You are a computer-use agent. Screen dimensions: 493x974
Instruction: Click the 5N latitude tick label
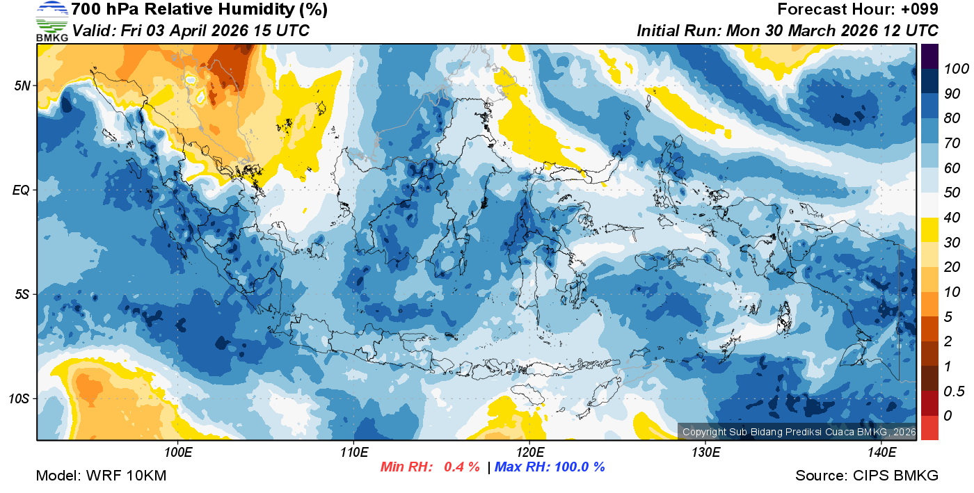pyautogui.click(x=21, y=86)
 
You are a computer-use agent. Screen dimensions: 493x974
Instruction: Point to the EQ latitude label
pyautogui.click(x=21, y=189)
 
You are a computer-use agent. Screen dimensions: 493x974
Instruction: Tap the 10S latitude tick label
pyautogui.click(x=19, y=398)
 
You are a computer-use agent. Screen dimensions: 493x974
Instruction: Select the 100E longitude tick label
pyautogui.click(x=178, y=453)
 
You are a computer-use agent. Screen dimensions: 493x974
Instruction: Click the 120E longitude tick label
pyautogui.click(x=529, y=453)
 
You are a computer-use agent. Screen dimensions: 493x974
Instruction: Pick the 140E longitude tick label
pyautogui.click(x=881, y=453)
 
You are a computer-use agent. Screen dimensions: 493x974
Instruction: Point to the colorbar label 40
pyautogui.click(x=951, y=218)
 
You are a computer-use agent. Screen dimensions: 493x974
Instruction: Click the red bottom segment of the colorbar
pyautogui.click(x=929, y=427)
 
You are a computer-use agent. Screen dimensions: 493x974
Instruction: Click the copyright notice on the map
pyautogui.click(x=799, y=432)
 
